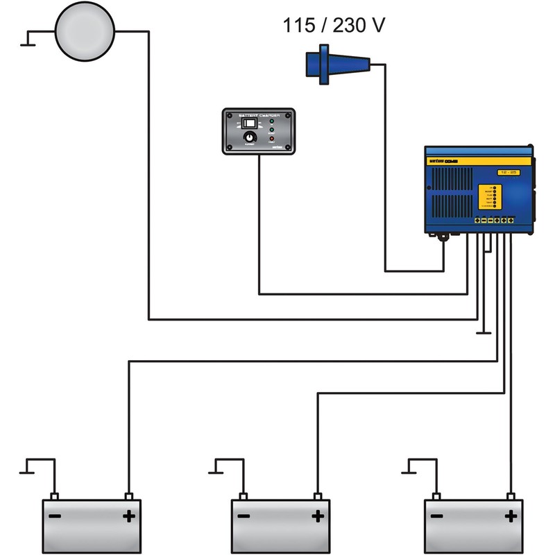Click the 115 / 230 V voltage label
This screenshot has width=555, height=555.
point(334,26)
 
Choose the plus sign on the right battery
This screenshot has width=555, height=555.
point(511,517)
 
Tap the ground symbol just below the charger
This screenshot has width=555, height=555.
point(484,334)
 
